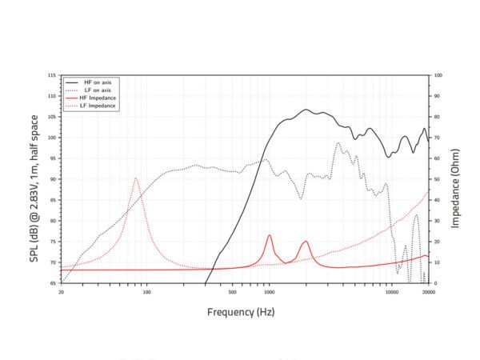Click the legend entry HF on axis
(98, 82)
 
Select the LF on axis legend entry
(98, 90)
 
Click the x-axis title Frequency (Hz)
(240, 311)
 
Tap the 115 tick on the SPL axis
(52, 75)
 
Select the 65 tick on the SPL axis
(53, 283)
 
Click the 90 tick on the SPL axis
(53, 179)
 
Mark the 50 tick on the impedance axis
(437, 179)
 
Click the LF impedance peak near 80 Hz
(136, 178)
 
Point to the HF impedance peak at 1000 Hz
(270, 235)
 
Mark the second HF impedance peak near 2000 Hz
(306, 242)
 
